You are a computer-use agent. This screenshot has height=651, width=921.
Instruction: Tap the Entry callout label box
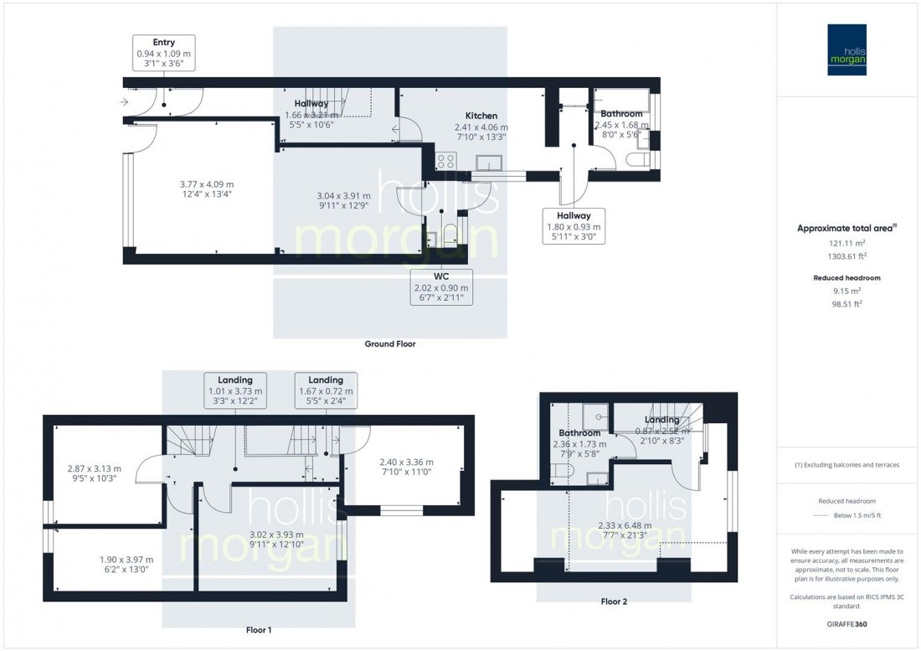coord(163,53)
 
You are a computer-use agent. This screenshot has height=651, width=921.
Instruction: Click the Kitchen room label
coord(481,116)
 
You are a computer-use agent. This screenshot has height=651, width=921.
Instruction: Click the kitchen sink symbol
coord(487,163)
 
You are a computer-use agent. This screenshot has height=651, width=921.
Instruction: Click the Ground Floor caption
coord(389,344)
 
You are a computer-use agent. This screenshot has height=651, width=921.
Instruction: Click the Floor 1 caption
coord(259,628)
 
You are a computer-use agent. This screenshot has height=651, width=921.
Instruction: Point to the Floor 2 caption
coord(613,602)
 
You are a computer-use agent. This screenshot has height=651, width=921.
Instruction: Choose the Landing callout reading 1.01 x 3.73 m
coord(234,390)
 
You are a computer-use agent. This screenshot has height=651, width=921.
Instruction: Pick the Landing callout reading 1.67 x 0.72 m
coord(326,390)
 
